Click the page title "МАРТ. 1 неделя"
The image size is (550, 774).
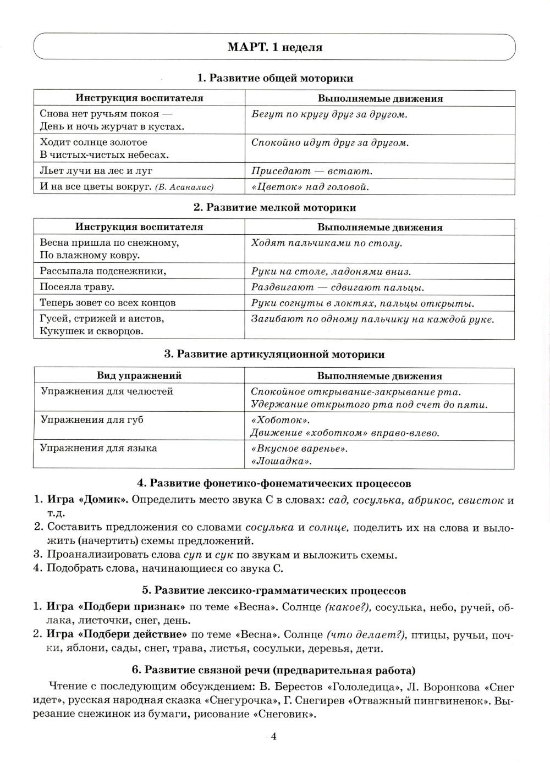pos(274,47)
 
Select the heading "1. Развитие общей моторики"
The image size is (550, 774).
pos(274,78)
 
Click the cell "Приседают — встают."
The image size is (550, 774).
pos(312,171)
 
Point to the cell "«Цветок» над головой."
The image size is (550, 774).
pos(309,187)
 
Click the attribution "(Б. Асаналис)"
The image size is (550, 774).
pos(184,187)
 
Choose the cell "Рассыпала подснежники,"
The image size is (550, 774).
pos(103,271)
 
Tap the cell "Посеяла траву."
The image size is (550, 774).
pos(77,287)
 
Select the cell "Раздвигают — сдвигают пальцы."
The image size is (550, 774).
pos(337,288)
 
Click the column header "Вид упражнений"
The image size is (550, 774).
pos(139,376)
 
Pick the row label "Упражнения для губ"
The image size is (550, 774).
pos(91,419)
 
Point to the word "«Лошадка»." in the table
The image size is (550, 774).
pos(281,461)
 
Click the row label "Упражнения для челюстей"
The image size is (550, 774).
pos(106,391)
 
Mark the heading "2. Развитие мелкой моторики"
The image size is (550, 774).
pos(274,208)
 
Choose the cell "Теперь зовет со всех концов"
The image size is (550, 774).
pos(108,303)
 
